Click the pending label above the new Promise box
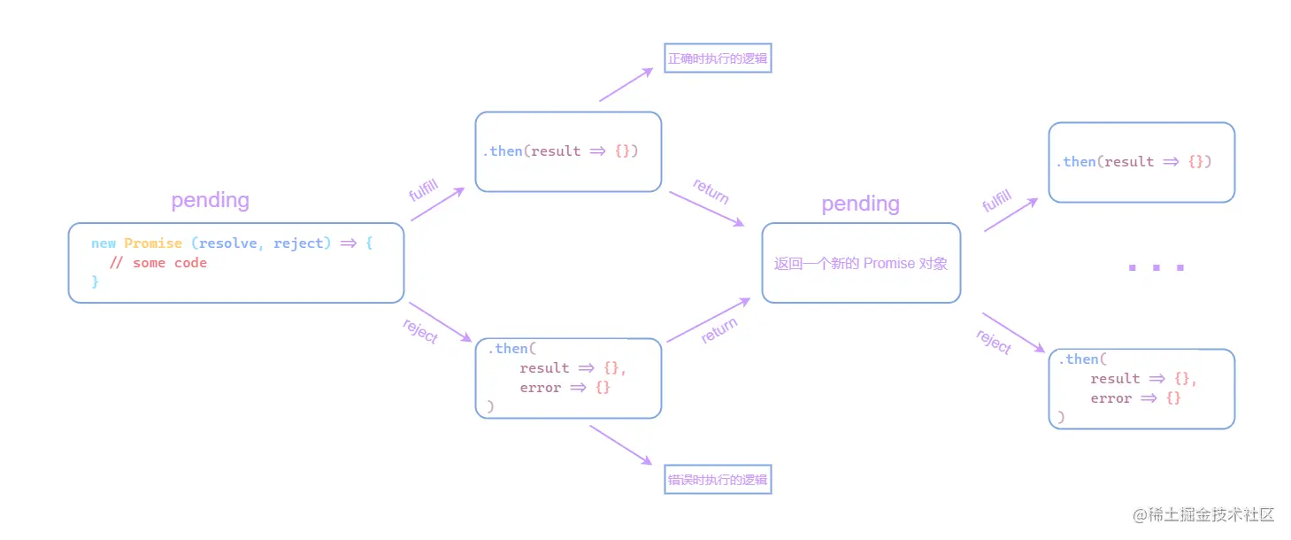pos(210,200)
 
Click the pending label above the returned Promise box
pos(860,204)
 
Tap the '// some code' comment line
pos(158,263)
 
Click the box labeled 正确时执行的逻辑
pos(718,58)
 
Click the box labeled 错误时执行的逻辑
pos(718,480)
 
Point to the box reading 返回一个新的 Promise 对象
pos(860,264)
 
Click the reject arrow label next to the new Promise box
pos(420,330)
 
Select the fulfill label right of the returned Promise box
pos(997,200)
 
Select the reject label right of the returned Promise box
pos(994,342)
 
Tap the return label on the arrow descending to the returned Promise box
pos(711,190)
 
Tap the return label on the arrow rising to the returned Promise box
pos(719,330)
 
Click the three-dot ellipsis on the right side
pos(1156,266)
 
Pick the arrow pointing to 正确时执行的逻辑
pos(626,85)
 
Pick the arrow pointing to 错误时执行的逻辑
pos(620,445)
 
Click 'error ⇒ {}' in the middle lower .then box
pos(565,388)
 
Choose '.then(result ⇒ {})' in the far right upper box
pos(1133,162)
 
